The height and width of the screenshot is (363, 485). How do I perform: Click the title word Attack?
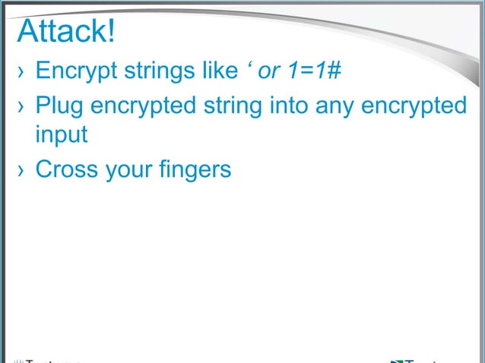point(65,31)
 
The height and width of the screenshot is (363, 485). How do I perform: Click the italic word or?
point(270,72)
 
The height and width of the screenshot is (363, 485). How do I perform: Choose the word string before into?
point(233,105)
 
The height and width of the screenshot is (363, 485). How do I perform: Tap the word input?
point(61,137)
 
